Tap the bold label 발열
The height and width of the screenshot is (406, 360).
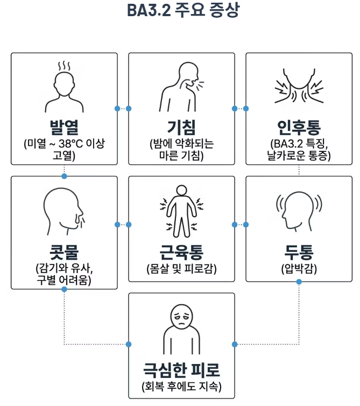[x=64, y=128]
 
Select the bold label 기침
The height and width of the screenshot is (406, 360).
[x=181, y=128]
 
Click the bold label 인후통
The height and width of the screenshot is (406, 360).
[x=299, y=128]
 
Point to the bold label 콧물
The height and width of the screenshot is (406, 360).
[x=64, y=251]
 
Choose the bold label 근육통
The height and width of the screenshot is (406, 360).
[x=181, y=251]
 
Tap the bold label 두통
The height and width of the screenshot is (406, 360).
[x=299, y=251]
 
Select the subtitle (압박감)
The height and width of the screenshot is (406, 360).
[x=299, y=268]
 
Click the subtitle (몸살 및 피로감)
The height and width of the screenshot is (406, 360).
[x=181, y=268]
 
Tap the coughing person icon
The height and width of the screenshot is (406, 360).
[x=180, y=86]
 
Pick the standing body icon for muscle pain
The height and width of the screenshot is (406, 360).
[x=181, y=211]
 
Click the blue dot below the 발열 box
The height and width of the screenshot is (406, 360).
[x=64, y=176]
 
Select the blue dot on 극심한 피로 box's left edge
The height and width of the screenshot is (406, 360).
[x=128, y=344]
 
